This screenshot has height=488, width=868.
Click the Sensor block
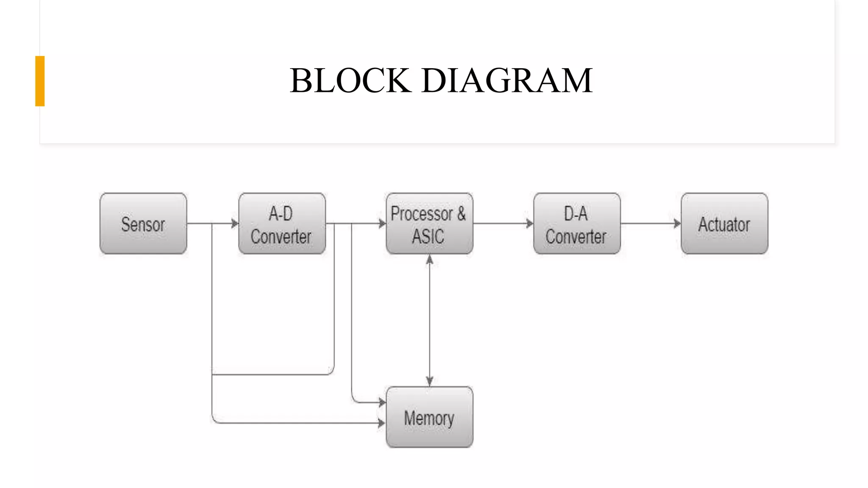pos(143,224)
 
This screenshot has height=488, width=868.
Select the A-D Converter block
pos(282,224)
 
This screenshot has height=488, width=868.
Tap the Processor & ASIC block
pos(429,224)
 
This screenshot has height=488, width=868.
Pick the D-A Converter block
pos(577,224)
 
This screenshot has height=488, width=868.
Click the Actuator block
pos(724,224)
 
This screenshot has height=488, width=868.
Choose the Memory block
pos(429,417)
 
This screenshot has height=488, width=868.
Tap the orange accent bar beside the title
pos(40,81)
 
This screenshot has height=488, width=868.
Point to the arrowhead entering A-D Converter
pos(235,223)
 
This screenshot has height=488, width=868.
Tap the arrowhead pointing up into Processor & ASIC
pos(429,260)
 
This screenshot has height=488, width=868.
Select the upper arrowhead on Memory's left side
pos(382,402)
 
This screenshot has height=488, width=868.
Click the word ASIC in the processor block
pos(428,236)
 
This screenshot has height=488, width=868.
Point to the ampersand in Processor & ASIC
pos(461,214)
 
